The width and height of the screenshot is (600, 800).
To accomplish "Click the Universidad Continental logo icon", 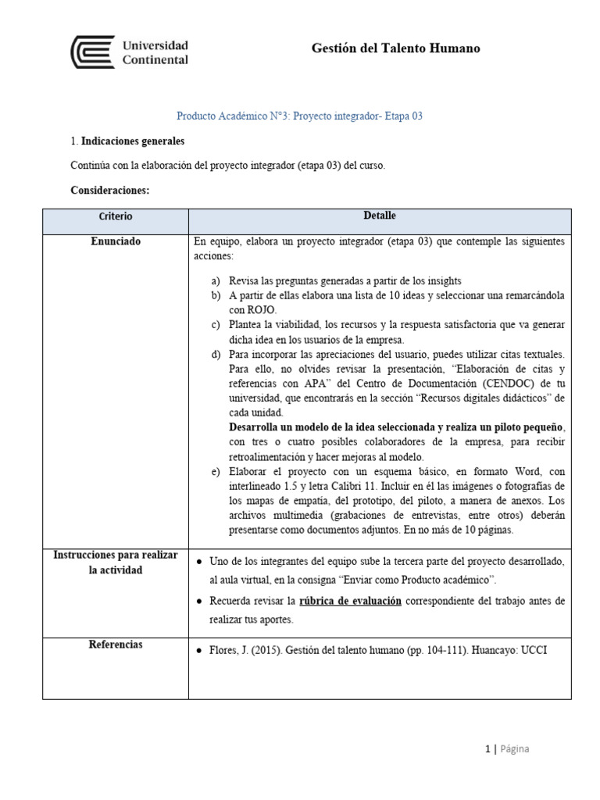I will (x=92, y=52).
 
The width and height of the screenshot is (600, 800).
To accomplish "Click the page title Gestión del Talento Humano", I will (x=395, y=48).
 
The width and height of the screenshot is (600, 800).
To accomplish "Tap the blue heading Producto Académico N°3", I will (x=299, y=116).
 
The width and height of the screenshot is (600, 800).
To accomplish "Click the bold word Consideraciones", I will (x=109, y=190).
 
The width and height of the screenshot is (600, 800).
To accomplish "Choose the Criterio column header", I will (x=116, y=216).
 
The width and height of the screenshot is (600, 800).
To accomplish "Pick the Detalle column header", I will (x=380, y=216).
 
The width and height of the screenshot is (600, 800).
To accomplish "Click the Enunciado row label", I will (x=116, y=242).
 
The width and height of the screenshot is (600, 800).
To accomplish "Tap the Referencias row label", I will (x=116, y=645).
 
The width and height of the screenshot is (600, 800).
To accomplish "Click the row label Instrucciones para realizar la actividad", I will (x=116, y=562).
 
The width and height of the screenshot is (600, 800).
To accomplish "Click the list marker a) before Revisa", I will (x=216, y=280).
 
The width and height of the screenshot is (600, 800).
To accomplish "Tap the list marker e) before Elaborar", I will (x=216, y=472).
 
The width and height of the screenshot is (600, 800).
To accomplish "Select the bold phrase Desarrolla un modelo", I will (x=286, y=427).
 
